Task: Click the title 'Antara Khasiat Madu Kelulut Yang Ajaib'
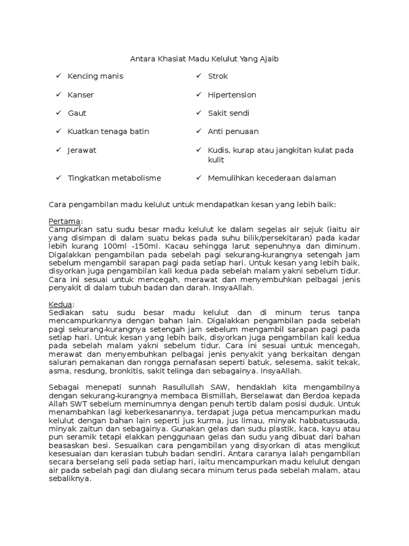204,59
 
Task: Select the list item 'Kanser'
81,95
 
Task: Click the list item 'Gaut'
77,113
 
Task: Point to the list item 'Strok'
218,76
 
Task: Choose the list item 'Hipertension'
232,95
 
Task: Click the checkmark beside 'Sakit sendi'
198,113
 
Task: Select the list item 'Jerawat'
82,150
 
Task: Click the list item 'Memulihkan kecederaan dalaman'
272,178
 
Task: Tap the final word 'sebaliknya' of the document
69,479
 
